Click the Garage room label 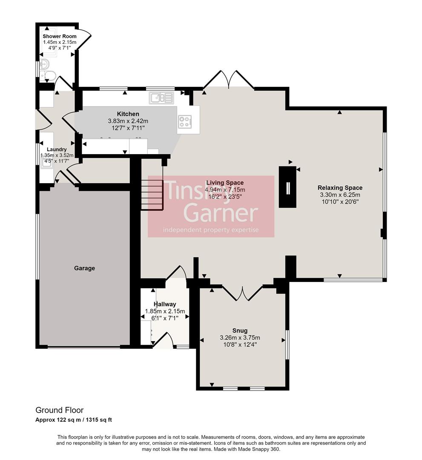pyautogui.click(x=84, y=268)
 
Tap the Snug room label pyautogui.click(x=240, y=331)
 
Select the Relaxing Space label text pyautogui.click(x=340, y=188)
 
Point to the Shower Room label pyautogui.click(x=59, y=37)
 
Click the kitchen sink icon pyautogui.click(x=161, y=98)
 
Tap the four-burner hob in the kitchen pyautogui.click(x=184, y=122)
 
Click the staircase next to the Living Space pyautogui.click(x=152, y=195)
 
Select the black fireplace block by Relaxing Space pyautogui.click(x=287, y=187)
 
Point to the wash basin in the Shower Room pyautogui.click(x=44, y=65)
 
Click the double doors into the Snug pyautogui.click(x=243, y=292)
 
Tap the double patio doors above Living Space pyautogui.click(x=229, y=80)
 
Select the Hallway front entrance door pyautogui.click(x=164, y=341)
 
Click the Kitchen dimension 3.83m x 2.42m pyautogui.click(x=128, y=121)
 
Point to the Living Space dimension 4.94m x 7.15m pyautogui.click(x=225, y=190)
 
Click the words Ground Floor pyautogui.click(x=59, y=410)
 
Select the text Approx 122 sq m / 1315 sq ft pyautogui.click(x=73, y=420)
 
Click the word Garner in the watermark pyautogui.click(x=222, y=213)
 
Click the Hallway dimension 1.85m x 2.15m pyautogui.click(x=165, y=311)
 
